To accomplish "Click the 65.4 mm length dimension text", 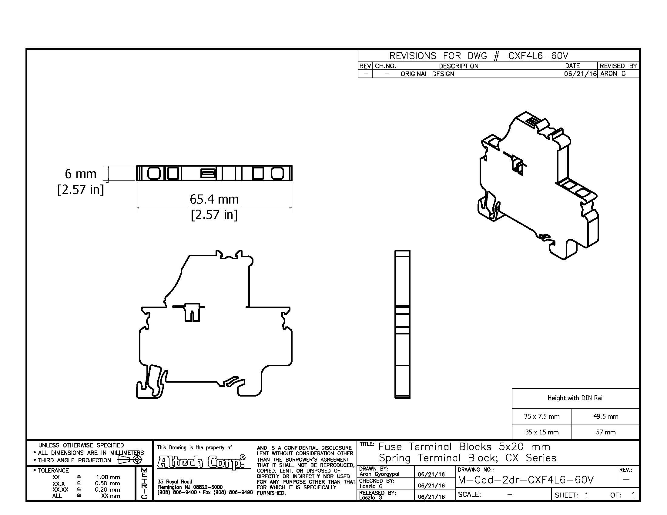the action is [x=214, y=199].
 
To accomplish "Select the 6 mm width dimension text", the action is [x=81, y=174].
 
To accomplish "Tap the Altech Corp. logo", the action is [x=202, y=462].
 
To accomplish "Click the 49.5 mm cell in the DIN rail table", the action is [x=606, y=416].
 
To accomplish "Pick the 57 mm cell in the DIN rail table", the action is [x=606, y=432].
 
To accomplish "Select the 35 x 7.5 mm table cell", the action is [x=542, y=416].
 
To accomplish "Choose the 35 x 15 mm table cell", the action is [x=542, y=432].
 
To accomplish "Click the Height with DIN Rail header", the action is [x=575, y=398].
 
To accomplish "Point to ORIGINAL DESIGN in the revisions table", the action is [x=427, y=74].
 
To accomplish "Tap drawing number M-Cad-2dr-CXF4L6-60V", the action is [x=526, y=480].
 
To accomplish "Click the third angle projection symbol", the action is [x=130, y=460].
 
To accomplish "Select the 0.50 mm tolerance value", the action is [x=107, y=483].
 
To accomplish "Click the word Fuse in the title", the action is [x=390, y=447].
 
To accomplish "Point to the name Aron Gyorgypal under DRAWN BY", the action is [x=379, y=474].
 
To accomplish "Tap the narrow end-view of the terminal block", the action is [x=402, y=324].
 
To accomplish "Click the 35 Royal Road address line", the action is [x=175, y=482].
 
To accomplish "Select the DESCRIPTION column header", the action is [x=458, y=66].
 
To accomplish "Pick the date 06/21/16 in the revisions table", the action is [x=580, y=74].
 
